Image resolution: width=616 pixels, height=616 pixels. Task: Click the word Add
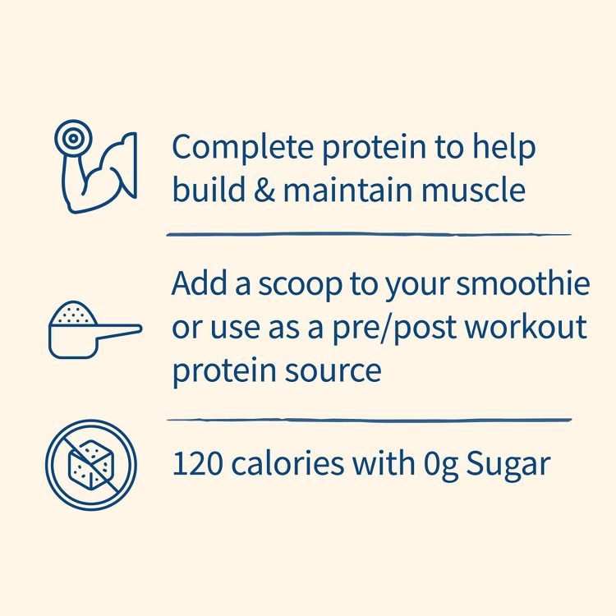click(x=194, y=285)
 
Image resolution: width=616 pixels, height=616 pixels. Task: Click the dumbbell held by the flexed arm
click(x=72, y=136)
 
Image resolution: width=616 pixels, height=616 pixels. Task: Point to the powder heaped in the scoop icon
click(x=71, y=313)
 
